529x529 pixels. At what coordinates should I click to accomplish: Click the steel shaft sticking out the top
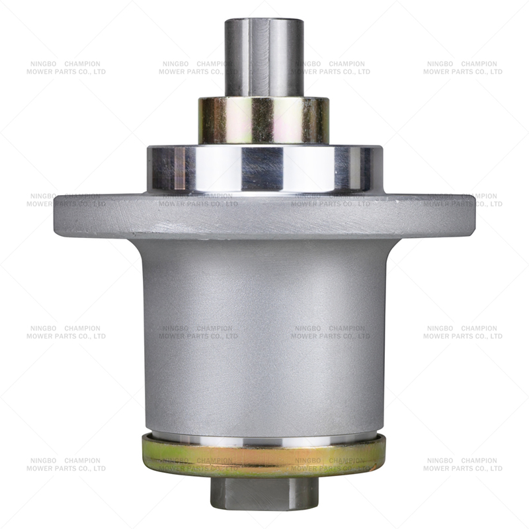coord(264,60)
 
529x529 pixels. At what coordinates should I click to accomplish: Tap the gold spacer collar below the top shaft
coord(264,120)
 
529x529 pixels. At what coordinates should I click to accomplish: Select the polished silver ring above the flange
coord(264,169)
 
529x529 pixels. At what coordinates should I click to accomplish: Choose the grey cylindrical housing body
coord(264,331)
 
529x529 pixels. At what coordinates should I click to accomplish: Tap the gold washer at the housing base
coord(264,456)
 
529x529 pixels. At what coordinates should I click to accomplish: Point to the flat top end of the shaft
coord(264,21)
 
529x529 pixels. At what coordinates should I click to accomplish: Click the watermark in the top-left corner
coord(66,68)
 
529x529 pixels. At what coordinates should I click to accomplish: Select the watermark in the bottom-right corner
coord(463,465)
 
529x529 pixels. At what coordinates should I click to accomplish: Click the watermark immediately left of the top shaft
coord(195,68)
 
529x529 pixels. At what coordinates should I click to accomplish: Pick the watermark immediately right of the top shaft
coord(331,68)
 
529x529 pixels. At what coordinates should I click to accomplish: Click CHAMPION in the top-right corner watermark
coord(479,64)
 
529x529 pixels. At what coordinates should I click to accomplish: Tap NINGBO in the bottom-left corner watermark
coord(43,461)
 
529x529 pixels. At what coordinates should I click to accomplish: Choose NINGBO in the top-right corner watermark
coord(440,64)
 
